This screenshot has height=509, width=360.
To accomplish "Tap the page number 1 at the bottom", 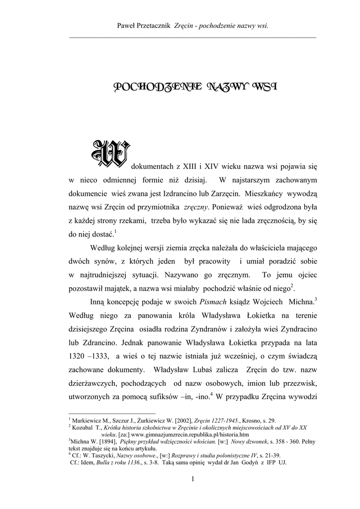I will click(192, 479).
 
